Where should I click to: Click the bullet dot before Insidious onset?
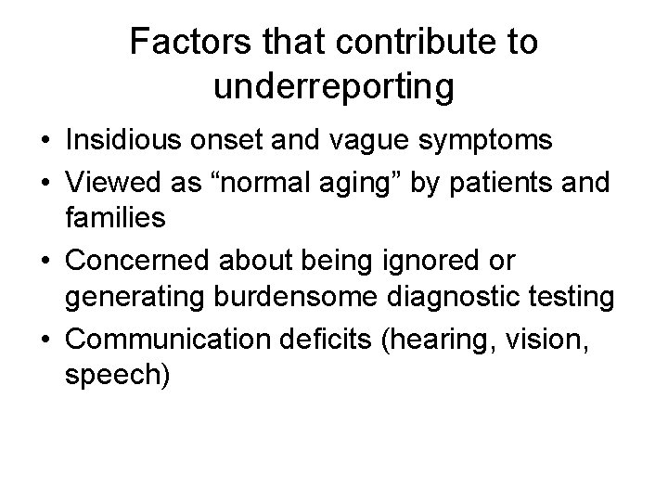(45, 142)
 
